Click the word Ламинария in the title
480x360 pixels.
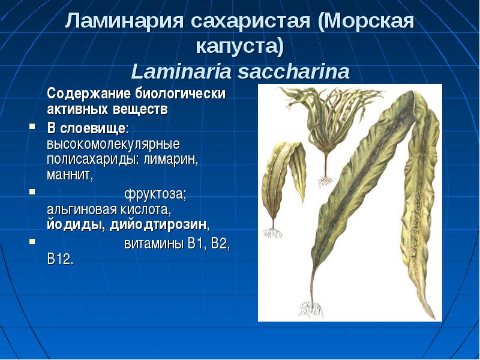click(124, 21)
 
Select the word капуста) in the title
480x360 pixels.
click(240, 47)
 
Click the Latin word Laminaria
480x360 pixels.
click(181, 71)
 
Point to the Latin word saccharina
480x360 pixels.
click(293, 71)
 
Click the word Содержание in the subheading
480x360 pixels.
click(89, 94)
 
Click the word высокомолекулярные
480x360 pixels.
click(113, 144)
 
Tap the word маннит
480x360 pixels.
click(70, 175)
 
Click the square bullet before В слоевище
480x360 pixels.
click(32, 126)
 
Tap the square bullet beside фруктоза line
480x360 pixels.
click(32, 191)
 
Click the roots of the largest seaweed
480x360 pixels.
click(311, 308)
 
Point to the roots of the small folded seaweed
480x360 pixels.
click(272, 233)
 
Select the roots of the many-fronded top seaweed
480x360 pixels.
click(325, 182)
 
